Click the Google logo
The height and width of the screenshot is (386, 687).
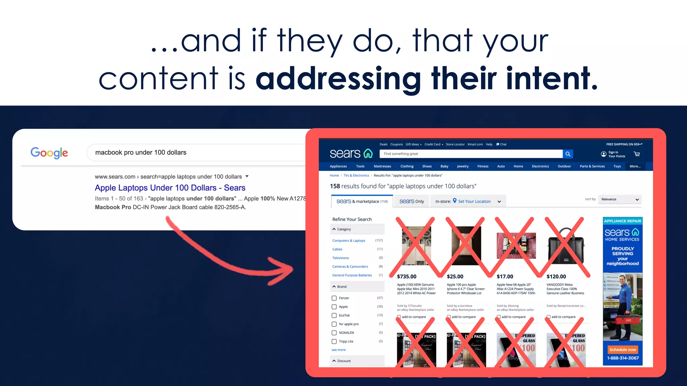[x=49, y=153]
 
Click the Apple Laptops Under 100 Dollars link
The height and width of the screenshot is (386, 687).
[x=170, y=188]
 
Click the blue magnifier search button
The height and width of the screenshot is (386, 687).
[x=568, y=154]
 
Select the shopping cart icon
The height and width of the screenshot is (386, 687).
[x=637, y=154]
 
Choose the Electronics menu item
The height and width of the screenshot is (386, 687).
[x=540, y=166]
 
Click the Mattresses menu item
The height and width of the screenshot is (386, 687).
[x=382, y=166]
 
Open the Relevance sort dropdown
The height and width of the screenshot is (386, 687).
[x=620, y=199]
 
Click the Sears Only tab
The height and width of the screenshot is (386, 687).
[x=412, y=201]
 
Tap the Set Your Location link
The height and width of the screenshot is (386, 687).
[x=474, y=201]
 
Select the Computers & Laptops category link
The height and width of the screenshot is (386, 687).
[x=349, y=241]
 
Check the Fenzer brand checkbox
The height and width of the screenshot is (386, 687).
[x=334, y=298]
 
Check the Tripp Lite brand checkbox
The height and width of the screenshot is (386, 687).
[x=334, y=341]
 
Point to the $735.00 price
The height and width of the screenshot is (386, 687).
[x=407, y=276]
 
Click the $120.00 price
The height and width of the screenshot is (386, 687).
[x=556, y=276]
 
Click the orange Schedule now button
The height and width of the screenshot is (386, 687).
[x=623, y=349]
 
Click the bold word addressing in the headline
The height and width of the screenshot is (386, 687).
[x=339, y=78]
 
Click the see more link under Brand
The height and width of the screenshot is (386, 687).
[x=338, y=350]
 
